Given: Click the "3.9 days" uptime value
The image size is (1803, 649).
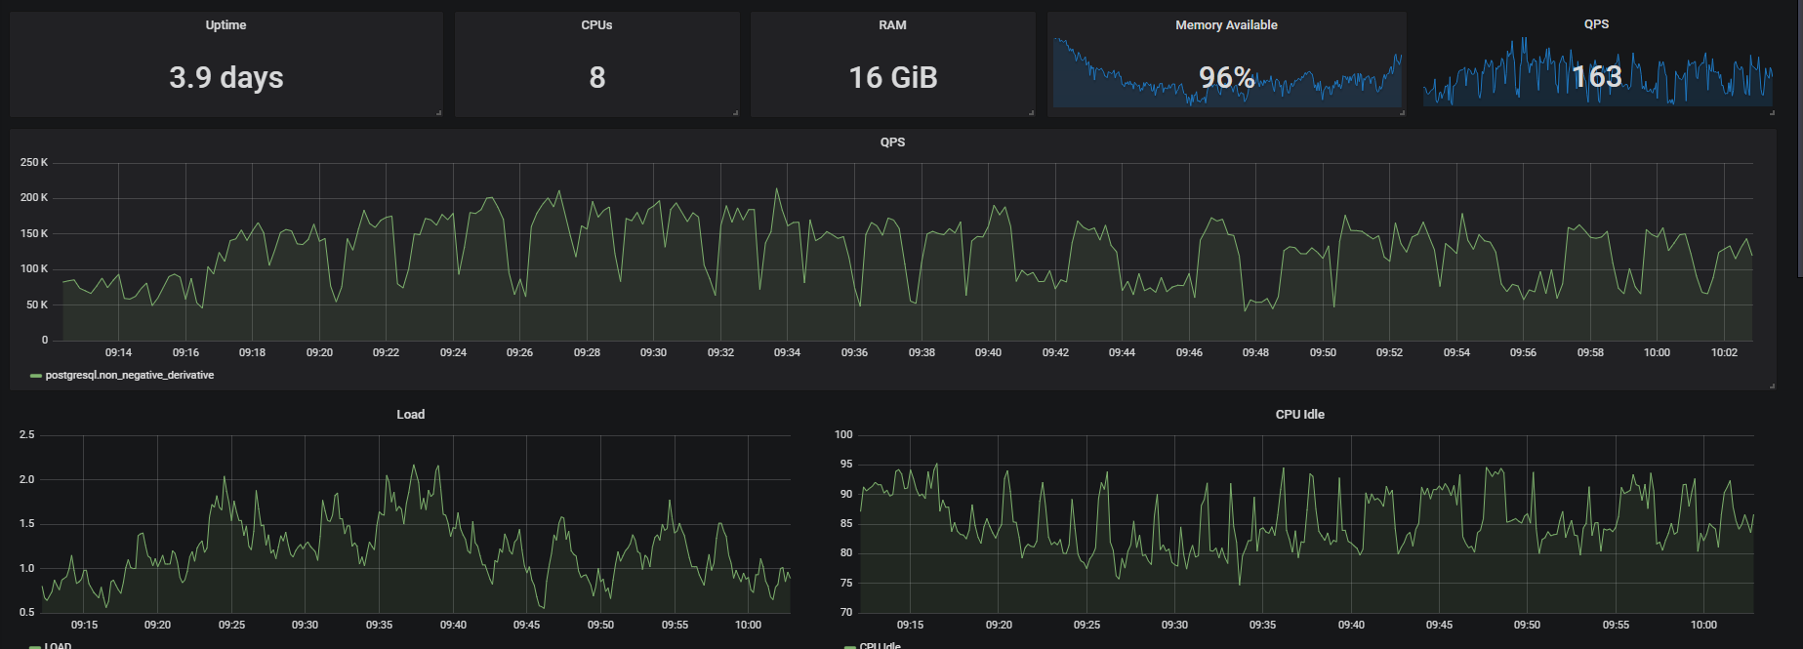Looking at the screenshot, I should [x=225, y=77].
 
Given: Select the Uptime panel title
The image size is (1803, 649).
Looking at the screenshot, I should [x=225, y=25].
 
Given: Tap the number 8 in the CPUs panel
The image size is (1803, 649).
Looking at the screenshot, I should [x=597, y=77].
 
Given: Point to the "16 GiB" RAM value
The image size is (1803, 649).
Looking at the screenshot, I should [x=892, y=77].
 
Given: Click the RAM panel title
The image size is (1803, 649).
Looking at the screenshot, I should [x=892, y=25].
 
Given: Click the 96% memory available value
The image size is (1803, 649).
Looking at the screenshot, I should [x=1226, y=77].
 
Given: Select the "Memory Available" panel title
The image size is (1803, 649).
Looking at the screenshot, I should [x=1226, y=25].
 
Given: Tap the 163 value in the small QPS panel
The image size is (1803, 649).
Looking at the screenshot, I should [x=1596, y=76].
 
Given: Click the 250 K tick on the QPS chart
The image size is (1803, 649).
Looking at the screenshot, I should [x=34, y=163].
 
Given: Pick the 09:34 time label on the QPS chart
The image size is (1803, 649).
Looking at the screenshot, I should [x=787, y=352].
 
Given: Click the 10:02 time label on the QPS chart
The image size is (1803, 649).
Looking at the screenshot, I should [x=1724, y=352].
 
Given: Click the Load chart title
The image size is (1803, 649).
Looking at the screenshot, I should [x=410, y=415].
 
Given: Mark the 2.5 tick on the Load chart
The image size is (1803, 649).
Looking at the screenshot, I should [x=26, y=435].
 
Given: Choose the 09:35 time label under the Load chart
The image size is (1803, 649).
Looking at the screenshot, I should [x=379, y=625].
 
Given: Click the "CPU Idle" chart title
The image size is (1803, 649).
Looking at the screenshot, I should [x=1299, y=415].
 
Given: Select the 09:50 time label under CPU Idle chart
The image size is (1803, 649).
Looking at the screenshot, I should [x=1527, y=625].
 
